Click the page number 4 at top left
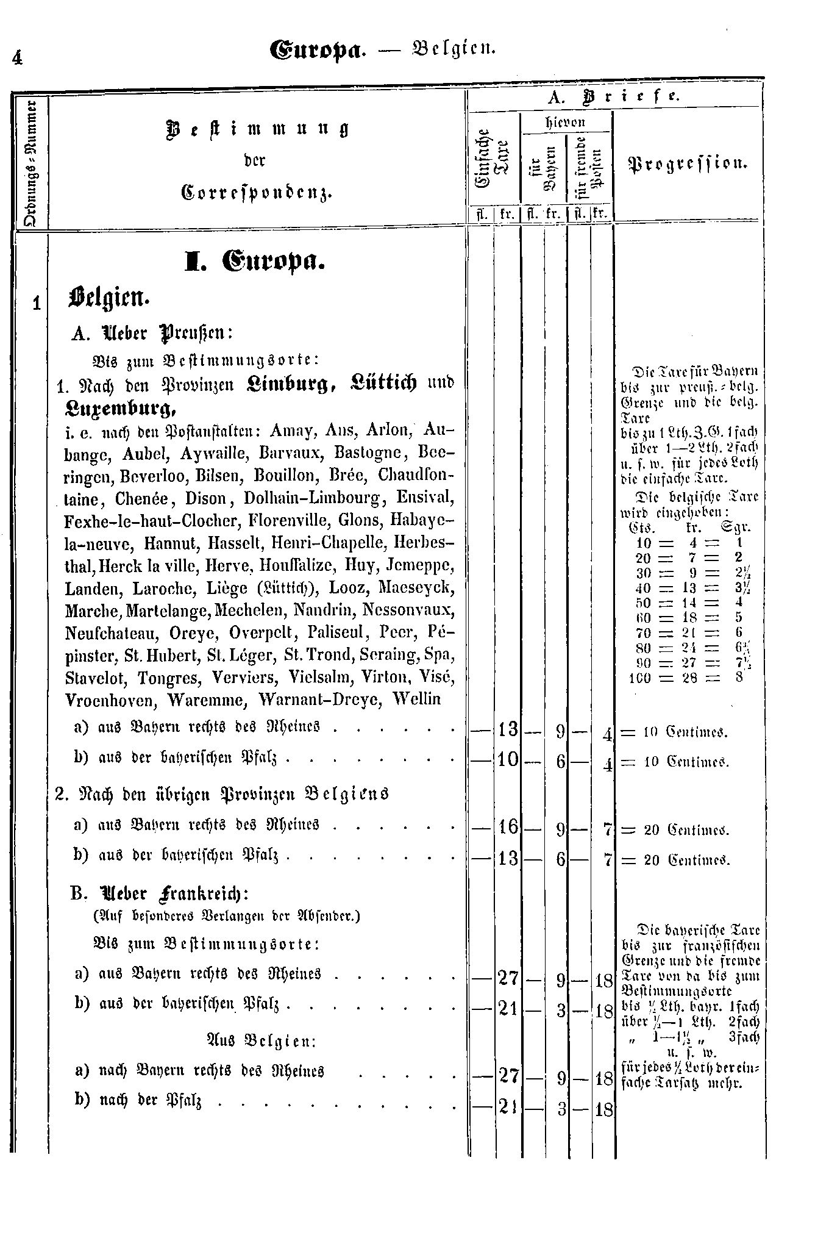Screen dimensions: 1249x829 click(16, 58)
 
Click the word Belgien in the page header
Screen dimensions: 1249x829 click(457, 49)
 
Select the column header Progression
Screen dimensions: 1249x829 click(688, 163)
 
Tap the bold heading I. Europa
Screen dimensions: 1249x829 click(255, 262)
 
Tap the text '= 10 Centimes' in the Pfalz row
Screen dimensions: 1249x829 click(674, 762)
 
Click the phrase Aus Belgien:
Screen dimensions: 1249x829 click(261, 1040)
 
